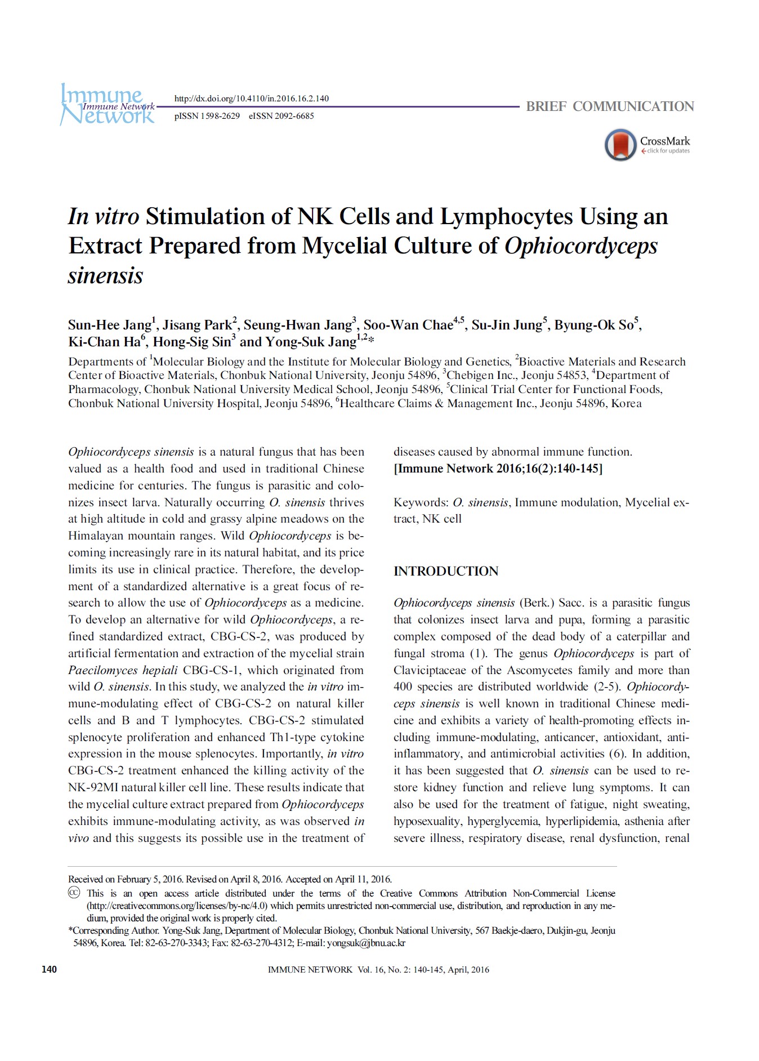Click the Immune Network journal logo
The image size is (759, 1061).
tap(107, 105)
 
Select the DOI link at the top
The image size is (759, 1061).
tap(251, 99)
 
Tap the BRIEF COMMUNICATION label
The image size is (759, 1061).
tap(610, 106)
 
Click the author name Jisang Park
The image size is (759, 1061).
tap(197, 325)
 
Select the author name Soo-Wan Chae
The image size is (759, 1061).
tap(408, 325)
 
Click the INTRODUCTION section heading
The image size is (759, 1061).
tap(445, 571)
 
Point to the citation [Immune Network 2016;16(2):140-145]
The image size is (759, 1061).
tap(498, 469)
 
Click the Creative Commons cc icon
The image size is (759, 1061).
tap(74, 893)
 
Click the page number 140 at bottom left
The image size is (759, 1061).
tap(49, 970)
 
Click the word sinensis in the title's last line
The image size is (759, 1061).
tap(105, 275)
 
